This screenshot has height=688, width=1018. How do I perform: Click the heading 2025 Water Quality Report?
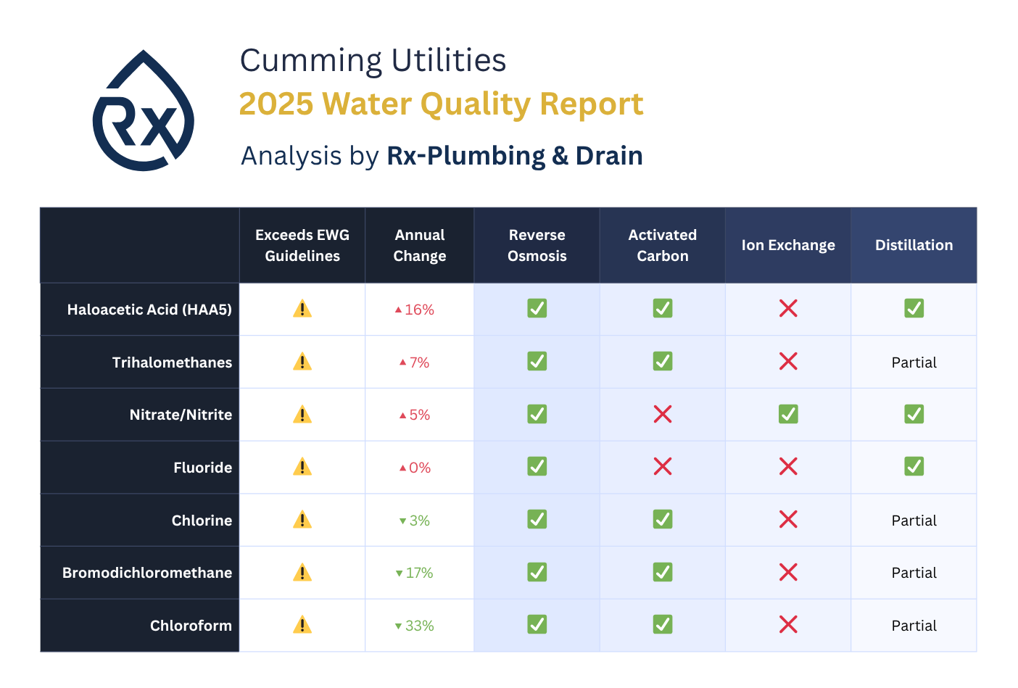coord(441,104)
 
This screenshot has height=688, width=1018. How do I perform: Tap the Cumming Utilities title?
coord(373,60)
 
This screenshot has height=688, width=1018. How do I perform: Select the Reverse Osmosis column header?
coord(537,245)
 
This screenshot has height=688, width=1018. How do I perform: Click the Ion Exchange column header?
coord(787,245)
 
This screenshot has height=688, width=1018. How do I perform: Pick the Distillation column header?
coord(914,245)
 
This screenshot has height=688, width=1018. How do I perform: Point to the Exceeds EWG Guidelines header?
coord(302,245)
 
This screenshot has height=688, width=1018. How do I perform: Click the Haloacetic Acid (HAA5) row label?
coord(149,310)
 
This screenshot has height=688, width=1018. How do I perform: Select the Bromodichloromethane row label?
coord(147,573)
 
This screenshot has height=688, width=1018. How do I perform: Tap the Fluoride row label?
coord(202,468)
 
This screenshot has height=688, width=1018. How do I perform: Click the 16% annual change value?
coord(415,310)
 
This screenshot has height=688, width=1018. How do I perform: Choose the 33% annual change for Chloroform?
coord(415,626)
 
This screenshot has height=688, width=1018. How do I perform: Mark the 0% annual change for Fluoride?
coord(415,468)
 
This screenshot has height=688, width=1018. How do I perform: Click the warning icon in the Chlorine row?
coord(302,520)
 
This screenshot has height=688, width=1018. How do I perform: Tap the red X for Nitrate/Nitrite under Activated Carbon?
coord(663,414)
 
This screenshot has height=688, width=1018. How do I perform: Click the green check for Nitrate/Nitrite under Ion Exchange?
coord(788,414)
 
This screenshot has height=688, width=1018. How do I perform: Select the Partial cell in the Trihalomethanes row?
coord(914,362)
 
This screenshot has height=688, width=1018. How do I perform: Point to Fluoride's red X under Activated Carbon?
coord(663,466)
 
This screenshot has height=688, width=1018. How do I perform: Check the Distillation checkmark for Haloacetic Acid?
coord(914,308)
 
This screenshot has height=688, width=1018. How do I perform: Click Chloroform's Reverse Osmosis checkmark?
coord(537,624)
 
